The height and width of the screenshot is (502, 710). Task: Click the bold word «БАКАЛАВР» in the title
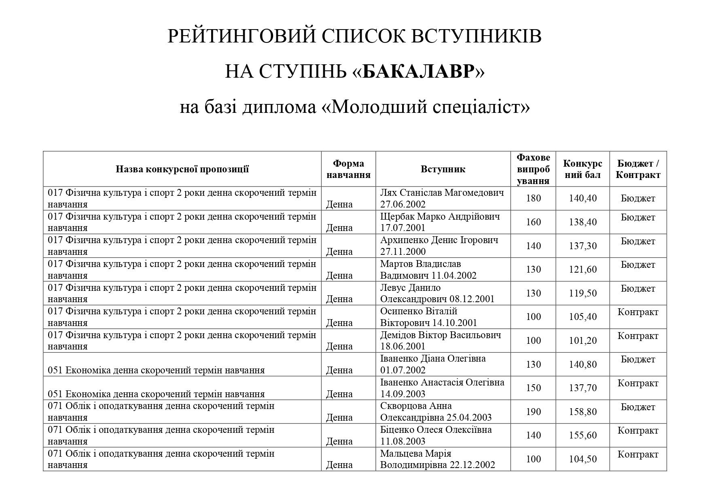[419, 72]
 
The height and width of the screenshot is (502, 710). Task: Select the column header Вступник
[443, 169]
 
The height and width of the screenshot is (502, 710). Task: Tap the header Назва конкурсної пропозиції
[182, 169]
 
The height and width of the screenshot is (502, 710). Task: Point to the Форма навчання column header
[348, 169]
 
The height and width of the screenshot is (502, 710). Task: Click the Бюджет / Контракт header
[638, 169]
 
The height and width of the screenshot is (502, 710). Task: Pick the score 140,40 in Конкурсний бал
[583, 198]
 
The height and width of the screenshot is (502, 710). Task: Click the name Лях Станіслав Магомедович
[442, 193]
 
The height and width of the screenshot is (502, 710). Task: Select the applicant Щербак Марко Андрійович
[440, 216]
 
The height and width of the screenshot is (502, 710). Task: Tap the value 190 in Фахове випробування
[533, 411]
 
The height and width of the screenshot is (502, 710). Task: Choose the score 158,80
[583, 411]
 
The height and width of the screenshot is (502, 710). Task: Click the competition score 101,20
[583, 340]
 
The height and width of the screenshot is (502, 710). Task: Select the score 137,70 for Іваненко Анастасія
[583, 388]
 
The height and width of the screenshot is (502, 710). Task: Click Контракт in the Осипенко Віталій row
[638, 312]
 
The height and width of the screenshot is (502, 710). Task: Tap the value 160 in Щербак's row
[533, 222]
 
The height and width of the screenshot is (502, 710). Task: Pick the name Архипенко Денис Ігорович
[439, 240]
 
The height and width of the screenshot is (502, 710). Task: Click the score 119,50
[583, 293]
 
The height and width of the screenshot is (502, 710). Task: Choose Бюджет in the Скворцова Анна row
[638, 407]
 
